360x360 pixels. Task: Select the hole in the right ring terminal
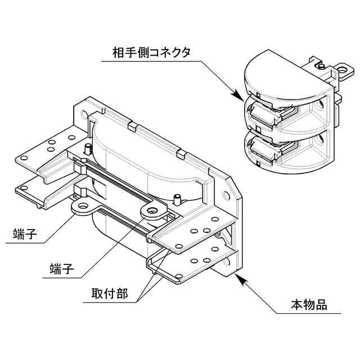click(154, 211)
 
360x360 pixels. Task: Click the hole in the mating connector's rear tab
click(340, 71)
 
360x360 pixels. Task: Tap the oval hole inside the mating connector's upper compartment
click(321, 106)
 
